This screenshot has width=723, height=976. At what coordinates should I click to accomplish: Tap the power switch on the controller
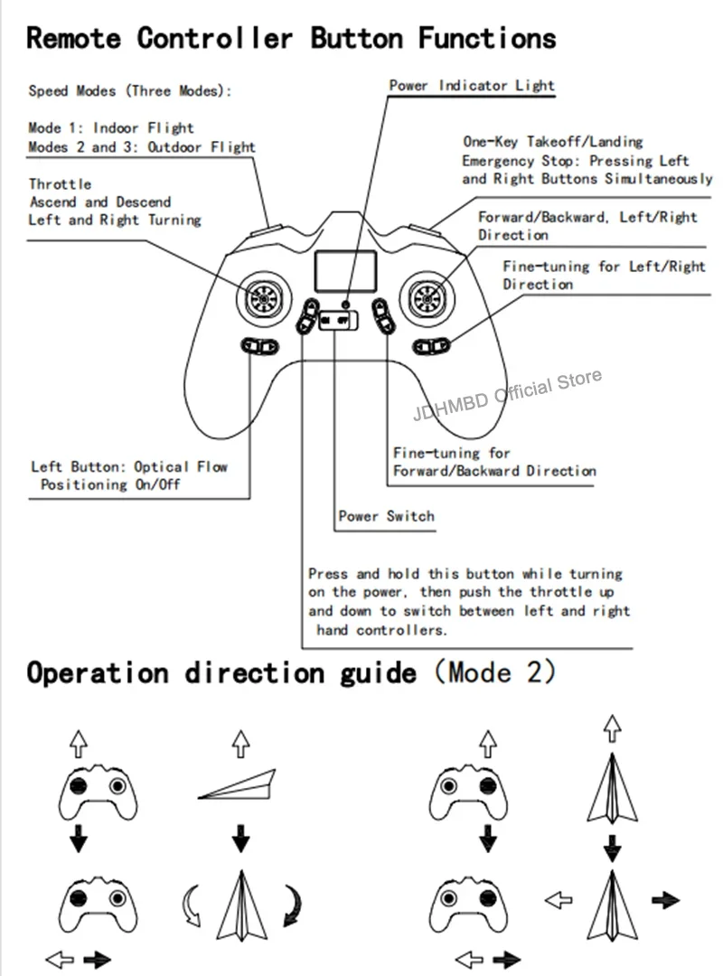[x=336, y=318]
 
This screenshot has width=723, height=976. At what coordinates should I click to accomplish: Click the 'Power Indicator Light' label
[x=472, y=86]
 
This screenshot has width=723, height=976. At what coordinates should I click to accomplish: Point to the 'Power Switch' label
[x=386, y=517]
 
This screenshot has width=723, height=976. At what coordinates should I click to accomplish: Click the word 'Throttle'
[x=60, y=184]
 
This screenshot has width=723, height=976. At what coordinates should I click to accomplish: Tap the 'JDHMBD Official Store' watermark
[x=506, y=396]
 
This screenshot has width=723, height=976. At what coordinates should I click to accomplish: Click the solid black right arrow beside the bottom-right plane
[x=666, y=900]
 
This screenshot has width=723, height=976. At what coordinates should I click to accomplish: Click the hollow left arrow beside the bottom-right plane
[x=560, y=900]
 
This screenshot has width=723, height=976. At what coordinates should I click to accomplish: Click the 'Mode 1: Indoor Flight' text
[x=111, y=128]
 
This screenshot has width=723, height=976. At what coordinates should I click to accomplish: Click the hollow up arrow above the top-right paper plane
[x=613, y=725]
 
